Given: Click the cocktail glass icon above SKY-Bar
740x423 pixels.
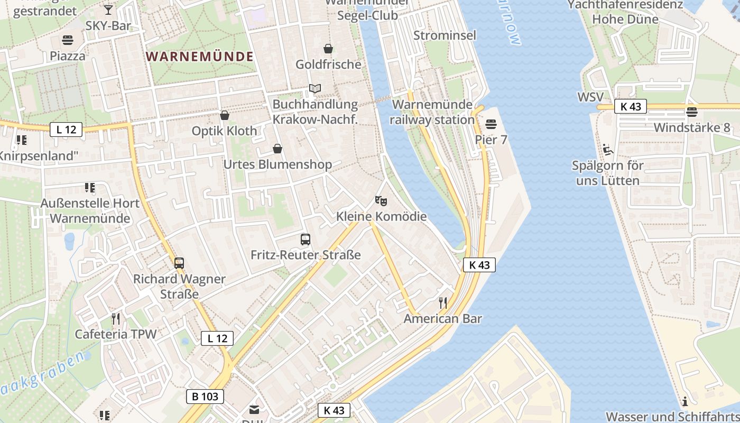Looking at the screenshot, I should point(108,10).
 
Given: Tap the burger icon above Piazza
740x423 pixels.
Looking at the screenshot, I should point(67,40).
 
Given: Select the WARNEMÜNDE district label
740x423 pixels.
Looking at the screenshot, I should point(200,57).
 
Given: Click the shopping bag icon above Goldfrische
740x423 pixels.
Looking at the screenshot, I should point(328,49).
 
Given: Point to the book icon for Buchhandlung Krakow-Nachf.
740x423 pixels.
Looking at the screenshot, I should point(315,88).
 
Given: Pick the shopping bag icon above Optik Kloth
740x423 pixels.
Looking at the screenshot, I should point(225,115).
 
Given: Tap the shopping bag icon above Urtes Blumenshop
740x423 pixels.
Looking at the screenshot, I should point(277,149).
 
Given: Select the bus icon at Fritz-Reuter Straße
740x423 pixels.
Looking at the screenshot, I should point(306,239).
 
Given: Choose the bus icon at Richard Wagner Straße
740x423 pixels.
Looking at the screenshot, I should point(179,263).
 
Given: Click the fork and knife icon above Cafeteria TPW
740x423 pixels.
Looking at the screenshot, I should point(116,318).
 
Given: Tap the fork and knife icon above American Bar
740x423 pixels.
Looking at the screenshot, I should point(443,302).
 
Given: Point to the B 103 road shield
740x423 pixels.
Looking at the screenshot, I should point(205,397).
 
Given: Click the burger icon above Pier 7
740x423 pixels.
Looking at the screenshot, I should point(491,124).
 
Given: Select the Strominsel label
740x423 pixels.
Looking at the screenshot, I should point(445,35).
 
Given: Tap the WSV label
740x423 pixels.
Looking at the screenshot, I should point(590,97).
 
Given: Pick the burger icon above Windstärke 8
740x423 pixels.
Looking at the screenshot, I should point(691,112).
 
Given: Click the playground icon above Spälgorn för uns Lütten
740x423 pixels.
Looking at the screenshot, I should point(608,150).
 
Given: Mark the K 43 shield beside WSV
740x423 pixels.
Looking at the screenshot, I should point(631,106).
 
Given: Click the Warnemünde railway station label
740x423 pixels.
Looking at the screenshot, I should point(432,112).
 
